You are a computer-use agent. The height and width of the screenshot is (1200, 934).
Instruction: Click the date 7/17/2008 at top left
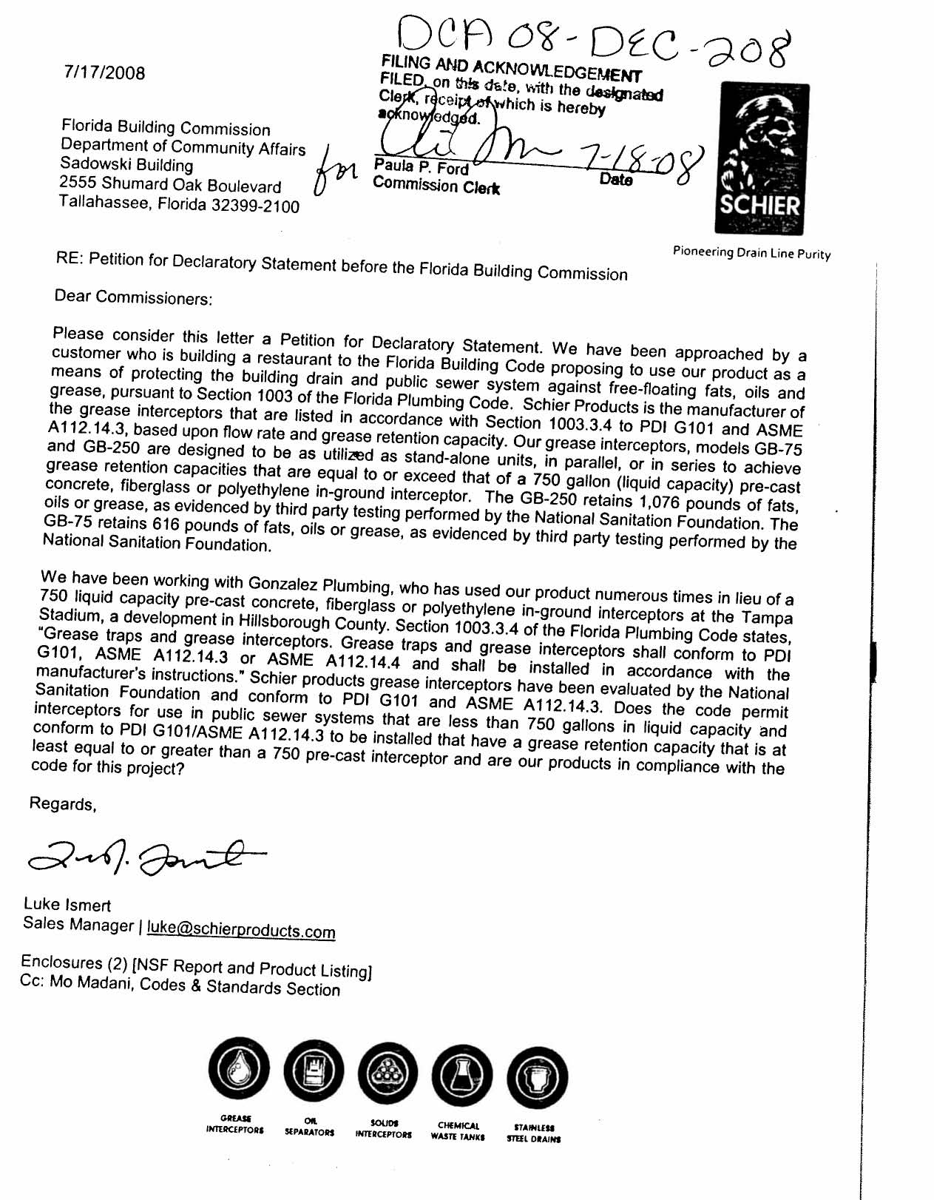tap(104, 73)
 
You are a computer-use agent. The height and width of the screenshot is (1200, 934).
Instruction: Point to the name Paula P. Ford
tap(421, 167)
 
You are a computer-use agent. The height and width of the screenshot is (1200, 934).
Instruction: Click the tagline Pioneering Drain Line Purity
tap(751, 252)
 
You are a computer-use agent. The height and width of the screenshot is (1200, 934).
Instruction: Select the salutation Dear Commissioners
tap(133, 297)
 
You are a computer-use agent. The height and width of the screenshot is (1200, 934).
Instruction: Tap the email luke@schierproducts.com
tap(241, 929)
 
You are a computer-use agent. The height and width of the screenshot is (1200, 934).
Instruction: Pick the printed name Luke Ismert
tap(67, 904)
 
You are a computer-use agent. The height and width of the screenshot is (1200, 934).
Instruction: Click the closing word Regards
tap(63, 803)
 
